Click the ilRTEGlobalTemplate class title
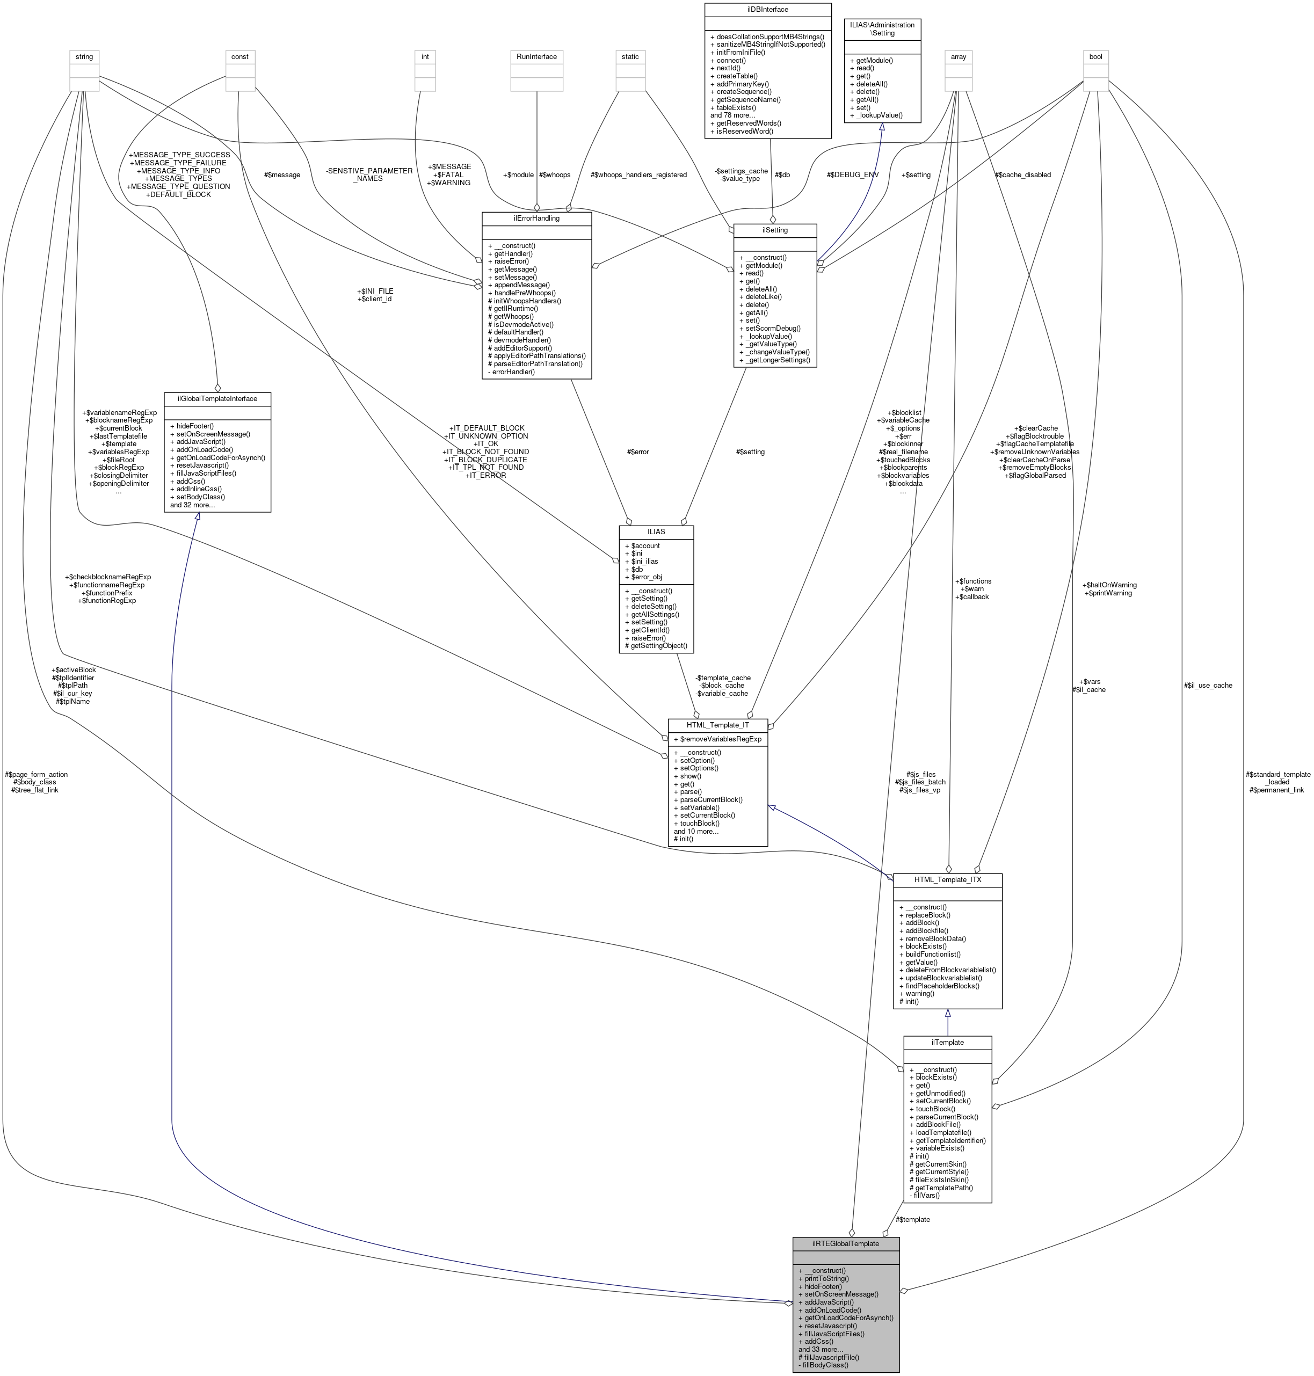point(845,1243)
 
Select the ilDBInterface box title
point(768,10)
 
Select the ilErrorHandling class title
point(536,219)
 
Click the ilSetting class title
point(775,230)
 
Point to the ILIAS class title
point(656,532)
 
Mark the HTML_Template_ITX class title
point(948,879)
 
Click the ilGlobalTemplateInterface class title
point(217,398)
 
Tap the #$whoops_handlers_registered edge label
point(638,175)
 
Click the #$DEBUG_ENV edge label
point(852,175)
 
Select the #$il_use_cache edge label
point(1208,686)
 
